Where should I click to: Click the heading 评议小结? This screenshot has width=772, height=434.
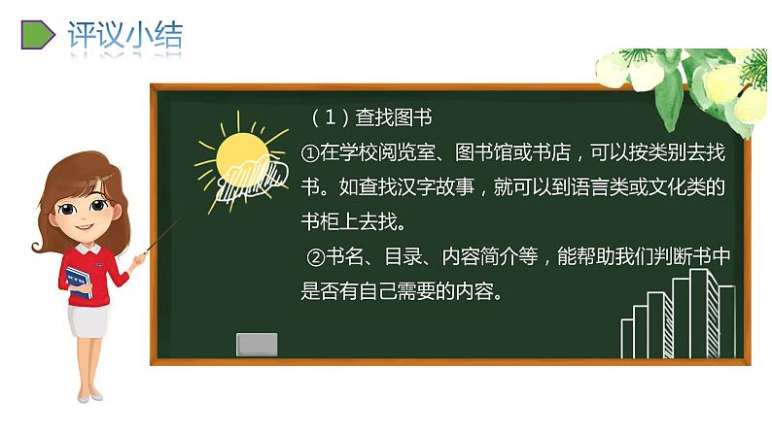124,35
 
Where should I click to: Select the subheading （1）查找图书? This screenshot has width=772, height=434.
369,117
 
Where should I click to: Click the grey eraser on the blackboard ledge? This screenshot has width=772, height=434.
257,344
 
